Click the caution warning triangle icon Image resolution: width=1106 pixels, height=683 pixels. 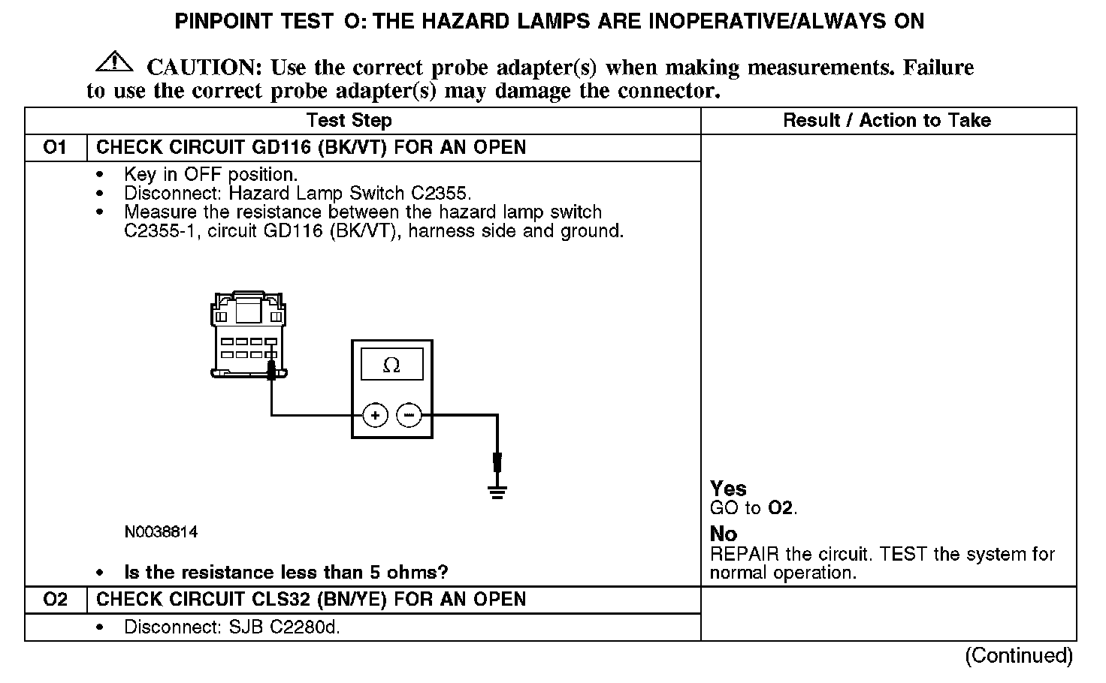click(x=113, y=61)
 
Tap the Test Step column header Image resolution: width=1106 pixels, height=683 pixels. click(x=349, y=121)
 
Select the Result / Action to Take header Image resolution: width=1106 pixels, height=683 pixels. click(x=887, y=121)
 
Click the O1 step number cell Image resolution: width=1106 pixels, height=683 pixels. click(x=56, y=147)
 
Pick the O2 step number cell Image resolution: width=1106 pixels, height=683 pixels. click(x=56, y=600)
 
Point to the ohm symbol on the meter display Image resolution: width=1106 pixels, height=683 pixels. click(x=391, y=366)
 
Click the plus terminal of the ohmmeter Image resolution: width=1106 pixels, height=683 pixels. click(x=376, y=414)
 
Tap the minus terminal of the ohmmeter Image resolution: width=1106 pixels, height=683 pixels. click(x=409, y=414)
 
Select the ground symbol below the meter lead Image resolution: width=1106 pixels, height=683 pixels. click(x=497, y=492)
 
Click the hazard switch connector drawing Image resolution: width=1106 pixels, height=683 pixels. click(x=248, y=334)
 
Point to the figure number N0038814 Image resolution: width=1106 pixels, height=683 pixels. click(x=161, y=532)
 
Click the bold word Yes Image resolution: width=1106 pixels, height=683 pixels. click(x=728, y=489)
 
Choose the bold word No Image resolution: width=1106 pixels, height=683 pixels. click(x=724, y=534)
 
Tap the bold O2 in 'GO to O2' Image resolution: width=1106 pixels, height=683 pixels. click(x=781, y=508)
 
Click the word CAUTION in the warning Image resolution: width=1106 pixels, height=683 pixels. click(x=204, y=68)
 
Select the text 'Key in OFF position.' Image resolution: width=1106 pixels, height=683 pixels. click(x=211, y=175)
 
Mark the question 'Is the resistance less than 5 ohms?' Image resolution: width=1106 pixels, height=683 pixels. click(x=286, y=573)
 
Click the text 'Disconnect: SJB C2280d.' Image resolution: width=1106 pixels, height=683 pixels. click(x=232, y=627)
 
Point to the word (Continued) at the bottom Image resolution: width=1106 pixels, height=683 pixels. click(x=1018, y=655)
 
